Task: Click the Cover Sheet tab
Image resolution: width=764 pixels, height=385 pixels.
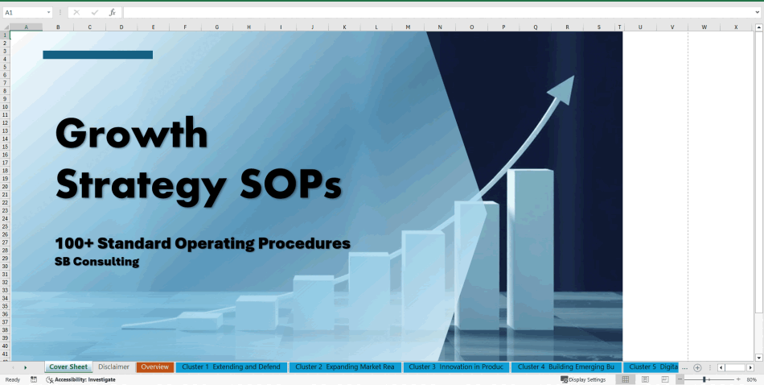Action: [68, 367]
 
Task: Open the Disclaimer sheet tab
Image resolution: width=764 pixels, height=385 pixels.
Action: [113, 367]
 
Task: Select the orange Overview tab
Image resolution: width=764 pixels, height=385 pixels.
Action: [154, 367]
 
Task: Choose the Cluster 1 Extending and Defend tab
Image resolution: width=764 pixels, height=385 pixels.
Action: [231, 367]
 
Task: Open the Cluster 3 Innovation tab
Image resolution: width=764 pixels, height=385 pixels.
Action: [456, 367]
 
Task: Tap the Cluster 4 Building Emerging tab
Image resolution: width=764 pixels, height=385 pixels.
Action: [565, 367]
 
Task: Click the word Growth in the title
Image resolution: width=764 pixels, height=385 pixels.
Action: [132, 133]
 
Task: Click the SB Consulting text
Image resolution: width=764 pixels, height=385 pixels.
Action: [97, 262]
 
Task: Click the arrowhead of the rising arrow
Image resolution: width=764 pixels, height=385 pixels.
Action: [565, 87]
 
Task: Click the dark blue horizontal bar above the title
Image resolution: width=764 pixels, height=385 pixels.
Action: [97, 55]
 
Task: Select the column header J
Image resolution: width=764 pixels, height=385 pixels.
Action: [312, 27]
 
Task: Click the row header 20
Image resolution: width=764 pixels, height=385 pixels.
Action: [5, 186]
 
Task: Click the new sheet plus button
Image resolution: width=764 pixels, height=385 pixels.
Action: [697, 367]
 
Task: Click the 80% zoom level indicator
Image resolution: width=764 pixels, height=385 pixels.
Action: [751, 379]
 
